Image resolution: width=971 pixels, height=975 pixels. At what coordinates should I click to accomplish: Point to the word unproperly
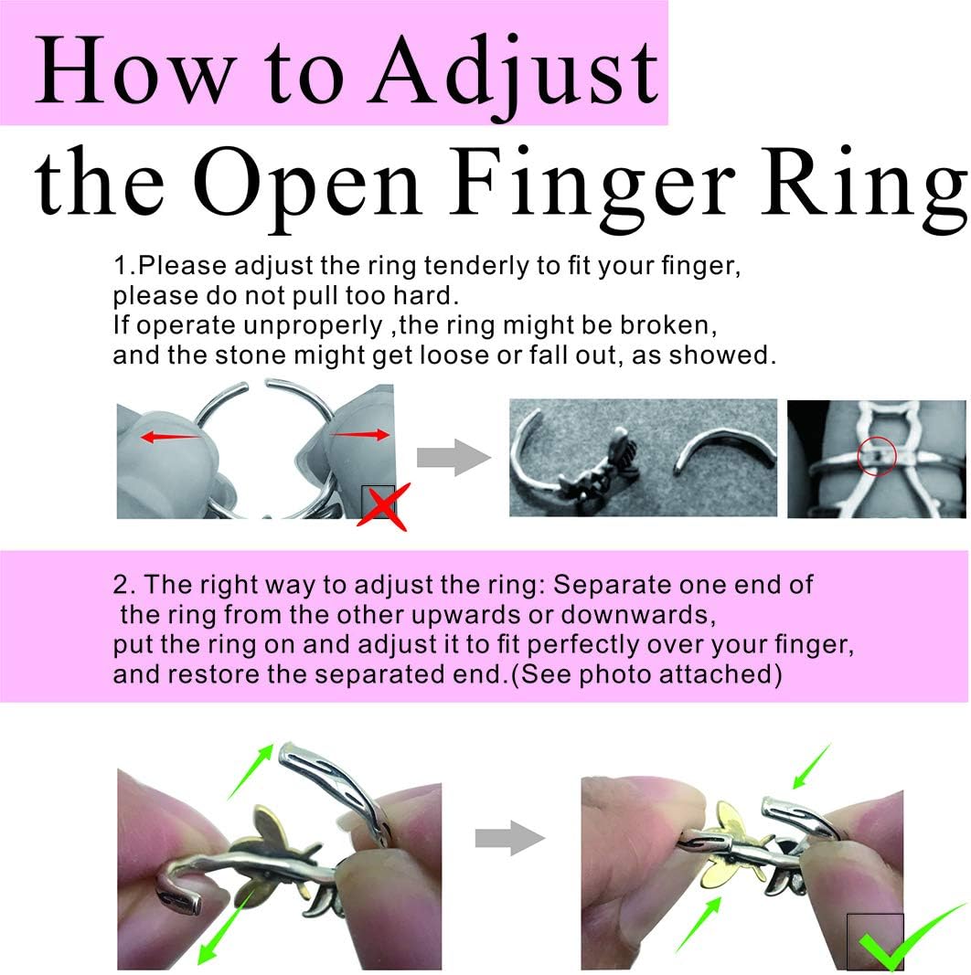pyautogui.click(x=313, y=326)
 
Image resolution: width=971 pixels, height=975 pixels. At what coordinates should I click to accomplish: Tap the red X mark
pyautogui.click(x=382, y=508)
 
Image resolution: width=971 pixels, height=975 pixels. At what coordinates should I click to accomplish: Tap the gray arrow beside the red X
pyautogui.click(x=453, y=458)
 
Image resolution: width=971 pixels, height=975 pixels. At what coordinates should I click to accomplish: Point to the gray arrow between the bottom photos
pyautogui.click(x=510, y=838)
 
